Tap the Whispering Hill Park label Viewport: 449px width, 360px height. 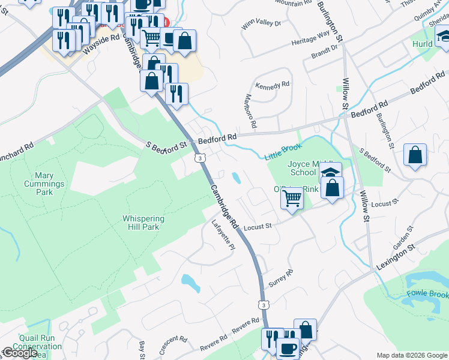pos(143,223)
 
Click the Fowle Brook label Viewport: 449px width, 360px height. pos(427,295)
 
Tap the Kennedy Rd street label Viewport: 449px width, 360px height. pos(273,86)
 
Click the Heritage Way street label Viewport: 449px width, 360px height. pos(311,37)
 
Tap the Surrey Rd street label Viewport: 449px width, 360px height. pos(280,278)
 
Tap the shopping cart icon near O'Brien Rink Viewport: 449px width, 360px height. pos(292,197)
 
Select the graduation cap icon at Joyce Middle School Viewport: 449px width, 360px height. pos(330,172)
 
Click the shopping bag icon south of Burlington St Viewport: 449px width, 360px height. pos(415,155)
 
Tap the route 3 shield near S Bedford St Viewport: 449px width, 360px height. pos(199,158)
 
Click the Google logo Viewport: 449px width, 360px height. pos(20,353)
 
